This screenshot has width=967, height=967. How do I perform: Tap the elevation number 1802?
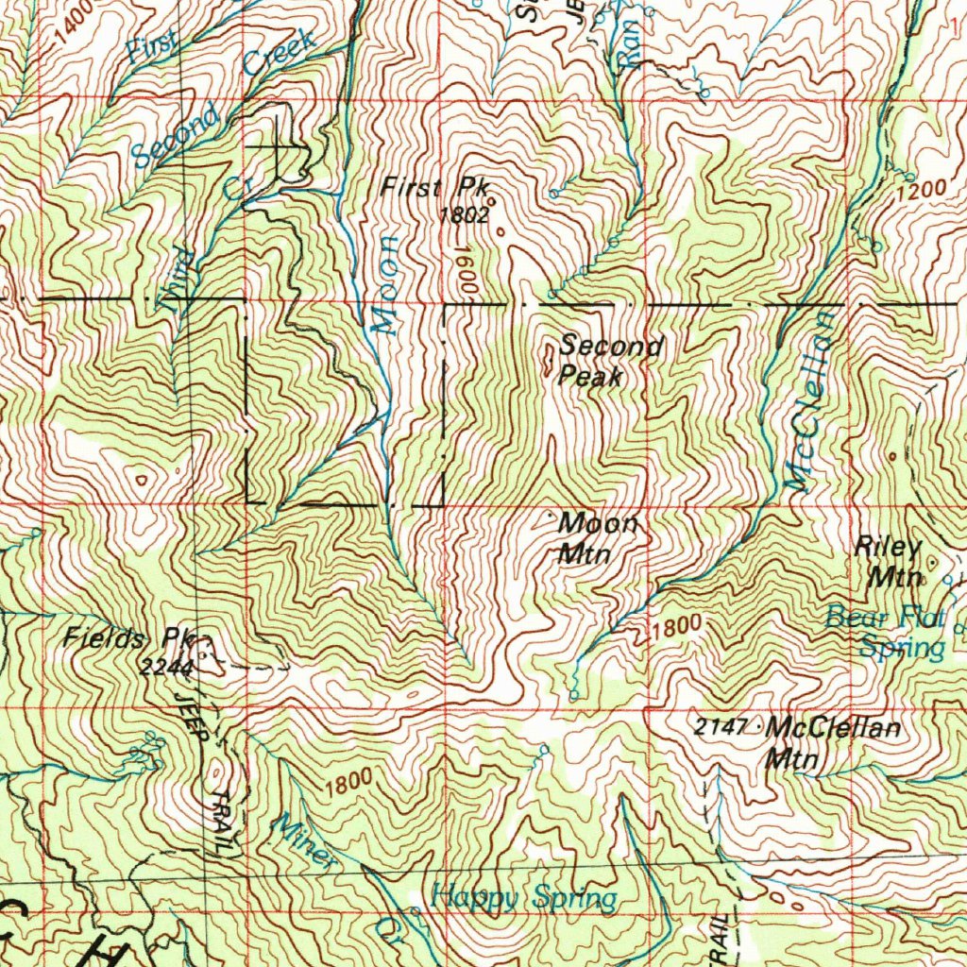[464, 214]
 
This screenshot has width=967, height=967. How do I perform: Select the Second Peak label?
[609, 360]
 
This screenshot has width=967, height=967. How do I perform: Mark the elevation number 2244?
[167, 668]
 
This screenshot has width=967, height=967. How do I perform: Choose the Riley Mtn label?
[888, 561]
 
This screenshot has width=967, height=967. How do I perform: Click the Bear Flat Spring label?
[887, 633]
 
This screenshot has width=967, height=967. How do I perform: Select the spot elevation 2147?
[721, 726]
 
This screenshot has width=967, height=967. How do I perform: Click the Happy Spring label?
[524, 896]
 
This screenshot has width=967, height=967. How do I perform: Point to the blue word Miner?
[304, 840]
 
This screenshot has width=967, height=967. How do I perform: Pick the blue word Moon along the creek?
[384, 284]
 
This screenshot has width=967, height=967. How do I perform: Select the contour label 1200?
[921, 189]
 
